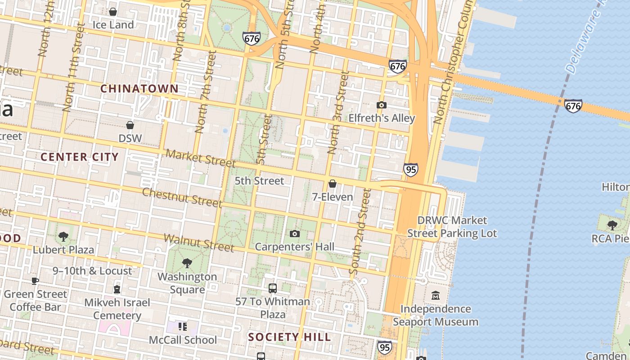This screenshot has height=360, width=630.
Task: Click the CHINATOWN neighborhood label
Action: click(x=139, y=89)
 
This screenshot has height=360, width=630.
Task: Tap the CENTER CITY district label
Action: click(x=80, y=157)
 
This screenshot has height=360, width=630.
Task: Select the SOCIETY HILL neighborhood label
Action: click(x=289, y=337)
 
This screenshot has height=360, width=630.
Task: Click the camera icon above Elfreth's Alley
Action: click(x=381, y=105)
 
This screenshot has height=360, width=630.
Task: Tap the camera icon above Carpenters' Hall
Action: click(x=295, y=234)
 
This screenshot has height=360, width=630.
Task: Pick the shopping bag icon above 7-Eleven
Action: click(x=333, y=184)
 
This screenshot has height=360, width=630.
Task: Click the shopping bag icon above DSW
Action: click(x=130, y=125)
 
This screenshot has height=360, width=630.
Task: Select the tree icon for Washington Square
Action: click(x=187, y=263)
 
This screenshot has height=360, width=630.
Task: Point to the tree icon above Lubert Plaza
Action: click(x=63, y=236)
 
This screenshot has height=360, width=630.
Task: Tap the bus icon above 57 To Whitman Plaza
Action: click(x=272, y=288)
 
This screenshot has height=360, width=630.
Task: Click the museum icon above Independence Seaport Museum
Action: click(x=436, y=296)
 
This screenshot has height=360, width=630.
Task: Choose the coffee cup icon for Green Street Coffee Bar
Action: click(x=35, y=281)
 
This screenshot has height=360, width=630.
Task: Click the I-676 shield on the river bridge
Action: click(x=573, y=106)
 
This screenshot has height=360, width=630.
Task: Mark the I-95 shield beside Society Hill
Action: click(x=384, y=347)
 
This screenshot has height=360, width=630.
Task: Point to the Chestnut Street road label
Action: click(x=182, y=198)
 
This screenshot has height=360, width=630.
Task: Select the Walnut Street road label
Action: click(x=198, y=243)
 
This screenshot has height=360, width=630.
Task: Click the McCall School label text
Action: click(x=183, y=340)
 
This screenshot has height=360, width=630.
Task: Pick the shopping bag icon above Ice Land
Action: click(x=113, y=12)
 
